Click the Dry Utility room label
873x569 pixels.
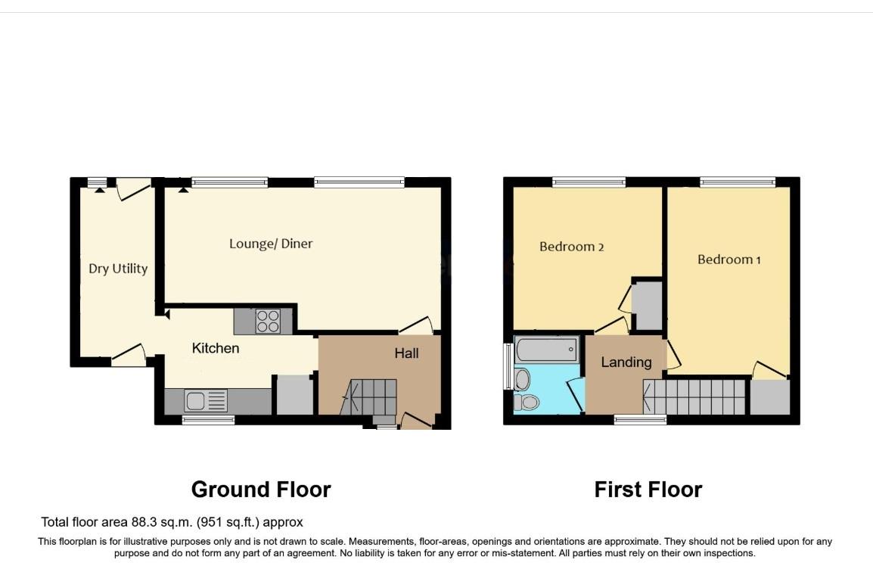(118, 269)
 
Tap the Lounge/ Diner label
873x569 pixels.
(271, 244)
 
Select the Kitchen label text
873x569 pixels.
(216, 348)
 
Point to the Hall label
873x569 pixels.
(406, 353)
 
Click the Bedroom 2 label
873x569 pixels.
(571, 247)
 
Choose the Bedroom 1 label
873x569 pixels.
(729, 260)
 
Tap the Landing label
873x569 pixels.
(626, 362)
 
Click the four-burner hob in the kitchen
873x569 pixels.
(267, 322)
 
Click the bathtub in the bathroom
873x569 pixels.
(546, 350)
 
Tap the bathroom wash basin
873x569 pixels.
(522, 378)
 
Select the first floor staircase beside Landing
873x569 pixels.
(694, 396)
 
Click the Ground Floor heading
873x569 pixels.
(261, 490)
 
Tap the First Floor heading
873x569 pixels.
(648, 490)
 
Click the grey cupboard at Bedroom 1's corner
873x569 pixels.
(769, 397)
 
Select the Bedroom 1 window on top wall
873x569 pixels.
(737, 182)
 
